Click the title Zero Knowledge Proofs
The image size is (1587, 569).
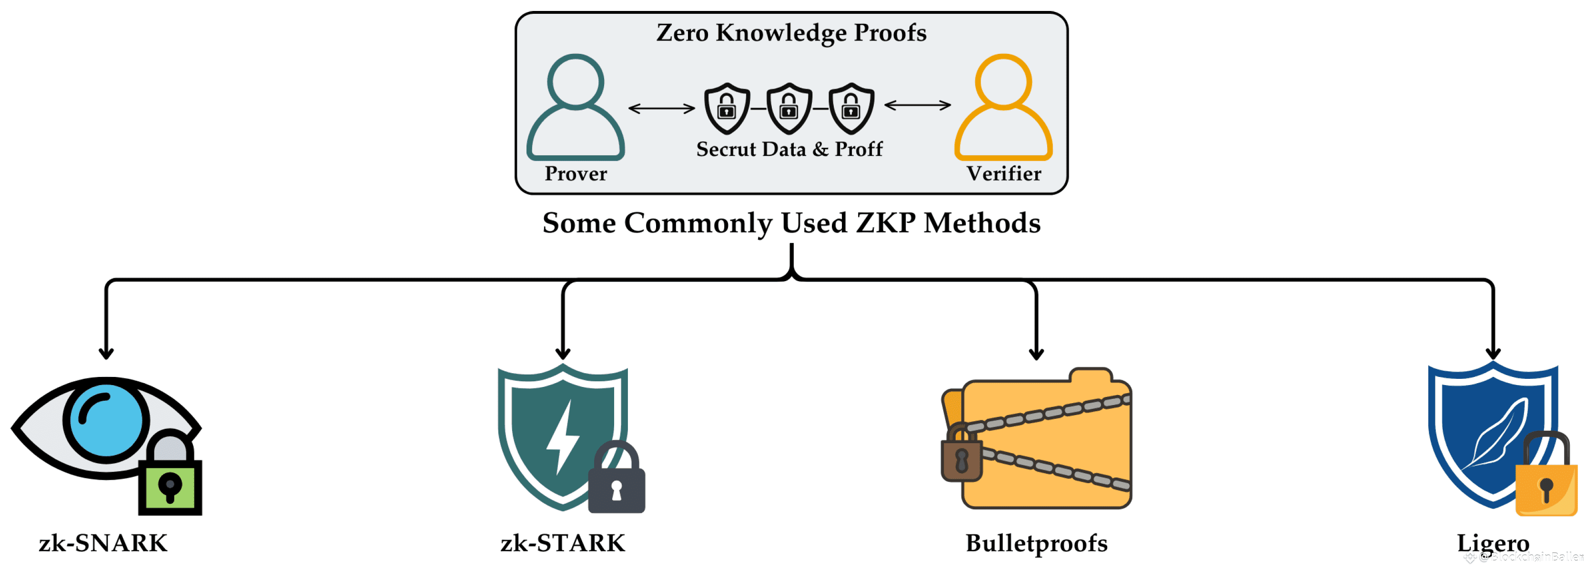[x=791, y=33]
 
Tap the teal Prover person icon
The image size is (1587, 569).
[x=576, y=108]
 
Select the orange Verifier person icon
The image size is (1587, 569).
[x=1003, y=108]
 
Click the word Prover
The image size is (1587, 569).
[x=576, y=174]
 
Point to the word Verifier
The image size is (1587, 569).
[x=1003, y=174]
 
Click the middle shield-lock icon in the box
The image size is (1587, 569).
[x=788, y=109]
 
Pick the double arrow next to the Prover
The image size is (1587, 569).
[x=661, y=109]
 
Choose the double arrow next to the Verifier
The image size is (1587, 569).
[x=917, y=105]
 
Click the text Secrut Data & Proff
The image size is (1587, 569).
[x=789, y=149]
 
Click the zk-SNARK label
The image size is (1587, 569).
[x=103, y=543]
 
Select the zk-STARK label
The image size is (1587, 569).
[x=563, y=543]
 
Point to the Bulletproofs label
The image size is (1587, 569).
[x=1036, y=543]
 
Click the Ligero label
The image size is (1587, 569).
[x=1493, y=543]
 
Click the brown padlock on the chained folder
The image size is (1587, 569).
[x=961, y=457]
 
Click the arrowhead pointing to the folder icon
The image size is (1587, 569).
[x=1036, y=354]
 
